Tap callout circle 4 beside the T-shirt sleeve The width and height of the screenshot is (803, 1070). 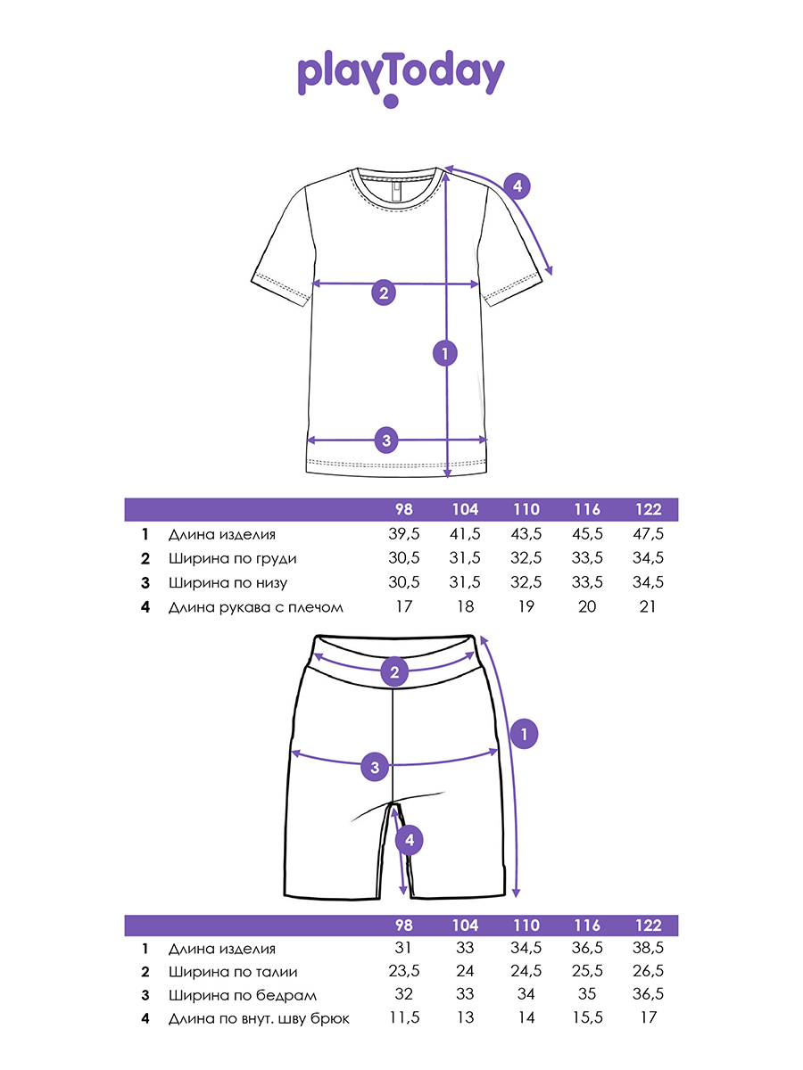(x=517, y=186)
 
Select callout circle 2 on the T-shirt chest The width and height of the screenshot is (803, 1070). (x=384, y=292)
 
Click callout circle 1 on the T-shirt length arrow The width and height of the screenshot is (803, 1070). (x=444, y=353)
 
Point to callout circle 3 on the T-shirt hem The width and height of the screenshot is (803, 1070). (x=385, y=439)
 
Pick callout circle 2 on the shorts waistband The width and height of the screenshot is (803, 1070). (x=393, y=671)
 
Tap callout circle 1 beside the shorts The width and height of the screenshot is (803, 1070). (x=525, y=734)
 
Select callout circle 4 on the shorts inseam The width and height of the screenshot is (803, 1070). (x=408, y=839)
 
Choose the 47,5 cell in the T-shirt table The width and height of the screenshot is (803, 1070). (x=649, y=534)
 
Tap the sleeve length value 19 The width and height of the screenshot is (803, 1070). (x=526, y=607)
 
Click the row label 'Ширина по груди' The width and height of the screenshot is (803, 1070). (x=232, y=558)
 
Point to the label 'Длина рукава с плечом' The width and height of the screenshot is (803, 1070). (x=255, y=607)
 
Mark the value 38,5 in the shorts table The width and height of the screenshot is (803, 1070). (x=649, y=949)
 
